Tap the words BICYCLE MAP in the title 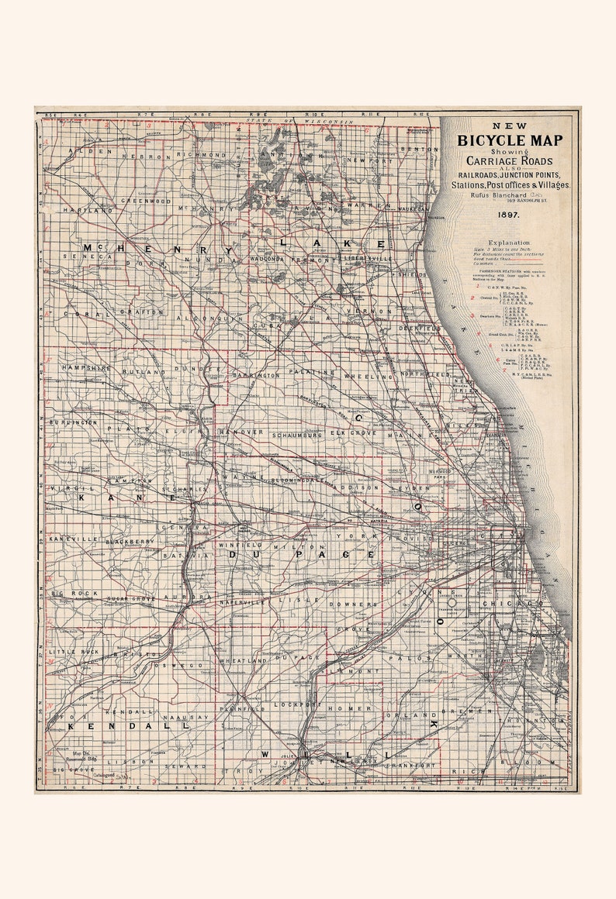(x=509, y=140)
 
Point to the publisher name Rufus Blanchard (x=497, y=195)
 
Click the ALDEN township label (x=79, y=151)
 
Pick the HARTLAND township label (x=88, y=210)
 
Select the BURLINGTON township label (x=74, y=422)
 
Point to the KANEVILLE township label (x=71, y=538)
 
